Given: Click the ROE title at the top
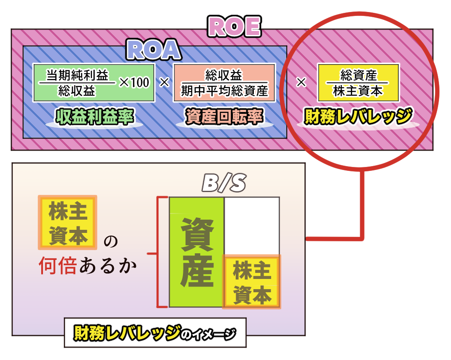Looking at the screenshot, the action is pyautogui.click(x=234, y=27).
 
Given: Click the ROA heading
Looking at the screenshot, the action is pyautogui.click(x=154, y=50).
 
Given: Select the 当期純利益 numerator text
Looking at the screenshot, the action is pyautogui.click(x=78, y=75).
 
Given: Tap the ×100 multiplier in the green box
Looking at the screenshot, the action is pyautogui.click(x=134, y=82).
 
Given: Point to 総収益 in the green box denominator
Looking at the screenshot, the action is pyautogui.click(x=77, y=91).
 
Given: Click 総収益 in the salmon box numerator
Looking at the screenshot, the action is pyautogui.click(x=224, y=75).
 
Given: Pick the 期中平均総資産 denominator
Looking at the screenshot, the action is pyautogui.click(x=224, y=91).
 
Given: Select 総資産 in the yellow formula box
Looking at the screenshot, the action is pyautogui.click(x=358, y=75).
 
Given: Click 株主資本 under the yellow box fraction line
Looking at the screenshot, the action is pyautogui.click(x=358, y=91).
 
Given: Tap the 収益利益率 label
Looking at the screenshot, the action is pyautogui.click(x=95, y=117).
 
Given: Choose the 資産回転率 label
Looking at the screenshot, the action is pyautogui.click(x=224, y=117).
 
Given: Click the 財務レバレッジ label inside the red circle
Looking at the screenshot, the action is pyautogui.click(x=358, y=116).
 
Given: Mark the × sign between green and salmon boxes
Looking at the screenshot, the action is pyautogui.click(x=164, y=82).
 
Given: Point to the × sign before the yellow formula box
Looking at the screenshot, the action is pyautogui.click(x=301, y=82).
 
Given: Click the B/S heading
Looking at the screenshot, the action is pyautogui.click(x=224, y=182).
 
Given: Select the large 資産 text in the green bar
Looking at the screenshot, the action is pyautogui.click(x=197, y=252).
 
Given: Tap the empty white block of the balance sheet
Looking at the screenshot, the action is pyautogui.click(x=252, y=226).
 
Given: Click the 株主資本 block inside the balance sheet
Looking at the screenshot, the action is pyautogui.click(x=252, y=282).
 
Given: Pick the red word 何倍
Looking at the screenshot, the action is pyautogui.click(x=58, y=266).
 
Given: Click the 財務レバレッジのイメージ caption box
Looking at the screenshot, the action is pyautogui.click(x=155, y=333).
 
